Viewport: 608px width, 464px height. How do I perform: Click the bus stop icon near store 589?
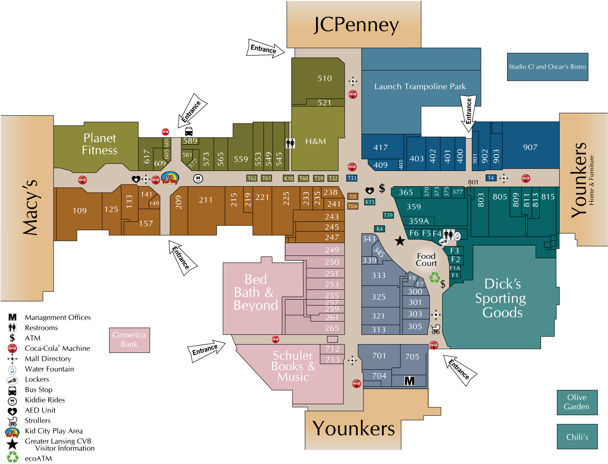189,131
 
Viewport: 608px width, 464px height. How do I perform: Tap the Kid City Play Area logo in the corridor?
170,178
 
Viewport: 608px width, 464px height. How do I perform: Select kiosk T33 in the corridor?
351,178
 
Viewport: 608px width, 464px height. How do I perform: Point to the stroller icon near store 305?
435,329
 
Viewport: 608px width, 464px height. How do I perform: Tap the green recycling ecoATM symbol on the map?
434,277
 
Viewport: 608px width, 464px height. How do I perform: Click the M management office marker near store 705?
409,381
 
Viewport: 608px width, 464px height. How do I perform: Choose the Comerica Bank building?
129,340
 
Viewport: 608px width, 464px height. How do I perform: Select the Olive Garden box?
577,402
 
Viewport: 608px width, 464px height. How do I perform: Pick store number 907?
530,147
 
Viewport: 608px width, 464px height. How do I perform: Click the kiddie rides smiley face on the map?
198,179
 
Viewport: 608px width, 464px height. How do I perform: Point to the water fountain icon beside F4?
457,236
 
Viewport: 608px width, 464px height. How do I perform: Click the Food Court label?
426,260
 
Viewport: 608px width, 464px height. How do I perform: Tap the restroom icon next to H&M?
290,143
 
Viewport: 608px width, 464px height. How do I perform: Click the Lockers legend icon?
12,380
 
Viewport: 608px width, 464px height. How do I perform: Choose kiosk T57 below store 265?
332,339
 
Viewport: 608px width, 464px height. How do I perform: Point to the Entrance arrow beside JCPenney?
264,49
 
